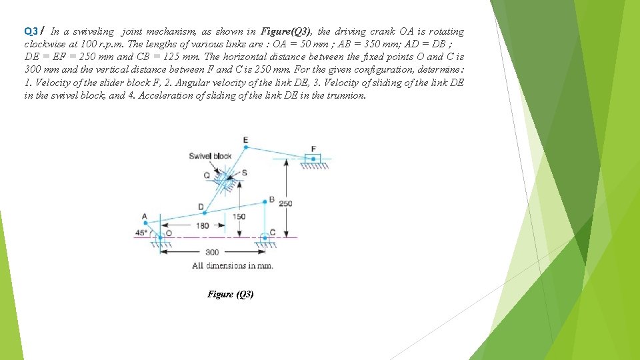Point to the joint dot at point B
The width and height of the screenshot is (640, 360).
coord(265,203)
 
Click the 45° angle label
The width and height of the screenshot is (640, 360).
coord(141,233)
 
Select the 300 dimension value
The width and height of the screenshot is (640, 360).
coord(211,252)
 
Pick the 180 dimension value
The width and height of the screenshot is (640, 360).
coord(202,225)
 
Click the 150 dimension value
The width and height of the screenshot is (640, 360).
coord(239,217)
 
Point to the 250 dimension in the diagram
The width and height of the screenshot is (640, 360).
coord(285,203)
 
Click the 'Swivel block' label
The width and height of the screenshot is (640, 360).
coord(210,156)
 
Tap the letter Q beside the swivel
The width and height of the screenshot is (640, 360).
coord(207,175)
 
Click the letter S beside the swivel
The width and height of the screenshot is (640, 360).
coord(244,173)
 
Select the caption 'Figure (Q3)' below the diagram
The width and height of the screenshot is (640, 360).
coord(230,294)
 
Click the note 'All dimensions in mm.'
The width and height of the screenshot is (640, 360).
coord(232,265)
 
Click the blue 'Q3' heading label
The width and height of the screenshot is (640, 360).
coord(31,31)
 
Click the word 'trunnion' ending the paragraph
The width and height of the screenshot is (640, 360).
coord(348,95)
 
